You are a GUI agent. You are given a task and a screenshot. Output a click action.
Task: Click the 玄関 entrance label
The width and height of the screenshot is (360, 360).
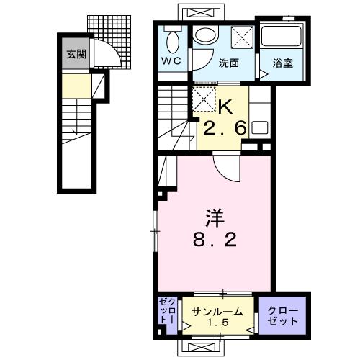point(76,55)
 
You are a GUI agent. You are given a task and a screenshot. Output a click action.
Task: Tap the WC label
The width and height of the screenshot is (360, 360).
point(171,61)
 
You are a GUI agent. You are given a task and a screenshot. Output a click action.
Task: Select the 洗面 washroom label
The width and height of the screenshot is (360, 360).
point(229,63)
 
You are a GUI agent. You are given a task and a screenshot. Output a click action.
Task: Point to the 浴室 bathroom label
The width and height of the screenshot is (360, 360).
point(283,63)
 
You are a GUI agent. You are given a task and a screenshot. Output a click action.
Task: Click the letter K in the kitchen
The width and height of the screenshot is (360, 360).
point(225,107)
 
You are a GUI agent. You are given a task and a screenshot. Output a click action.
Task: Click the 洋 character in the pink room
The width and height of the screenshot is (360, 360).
point(215,218)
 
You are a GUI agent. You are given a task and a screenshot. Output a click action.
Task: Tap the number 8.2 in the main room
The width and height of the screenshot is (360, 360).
point(215,240)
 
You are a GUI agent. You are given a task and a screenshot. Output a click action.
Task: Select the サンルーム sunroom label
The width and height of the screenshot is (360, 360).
point(217,312)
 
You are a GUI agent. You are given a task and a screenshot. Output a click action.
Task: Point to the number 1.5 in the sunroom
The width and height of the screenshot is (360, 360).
point(217,323)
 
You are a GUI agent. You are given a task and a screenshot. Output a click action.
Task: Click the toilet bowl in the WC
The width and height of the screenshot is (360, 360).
point(173,42)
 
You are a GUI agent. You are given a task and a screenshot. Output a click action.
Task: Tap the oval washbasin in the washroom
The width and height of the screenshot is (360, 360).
point(206,34)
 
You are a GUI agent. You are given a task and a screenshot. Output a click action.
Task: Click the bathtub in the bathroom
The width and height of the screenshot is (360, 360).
point(281,36)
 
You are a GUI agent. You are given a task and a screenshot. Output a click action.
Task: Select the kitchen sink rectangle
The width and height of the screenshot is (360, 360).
point(259,127)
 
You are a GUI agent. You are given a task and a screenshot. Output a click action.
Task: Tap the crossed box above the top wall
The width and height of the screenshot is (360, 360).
point(200,12)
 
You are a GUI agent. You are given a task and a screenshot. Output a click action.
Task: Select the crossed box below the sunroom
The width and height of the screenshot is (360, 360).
point(200,347)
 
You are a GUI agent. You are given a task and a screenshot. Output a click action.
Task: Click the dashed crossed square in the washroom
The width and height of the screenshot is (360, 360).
point(242,37)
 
